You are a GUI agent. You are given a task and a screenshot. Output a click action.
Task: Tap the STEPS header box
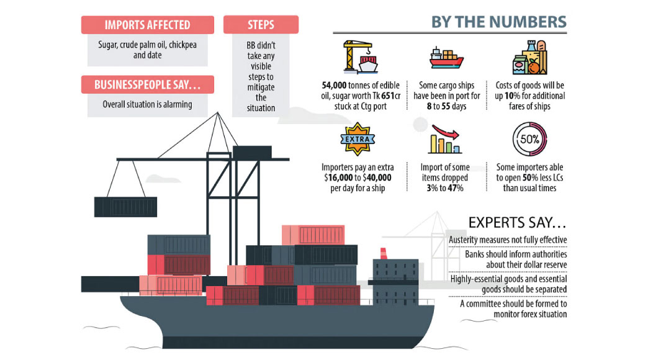click(x=261, y=25)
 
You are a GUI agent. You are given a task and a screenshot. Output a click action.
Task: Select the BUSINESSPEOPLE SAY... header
click(x=148, y=85)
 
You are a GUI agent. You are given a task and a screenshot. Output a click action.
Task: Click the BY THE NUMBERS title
click(x=499, y=22)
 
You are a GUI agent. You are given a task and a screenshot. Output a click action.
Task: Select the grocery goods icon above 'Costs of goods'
click(x=529, y=58)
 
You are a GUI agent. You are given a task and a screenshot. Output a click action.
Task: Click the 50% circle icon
click(x=529, y=139)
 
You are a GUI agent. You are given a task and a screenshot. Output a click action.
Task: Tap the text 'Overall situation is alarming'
click(x=147, y=104)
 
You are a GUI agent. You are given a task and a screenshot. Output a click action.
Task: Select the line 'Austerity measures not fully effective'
click(x=507, y=240)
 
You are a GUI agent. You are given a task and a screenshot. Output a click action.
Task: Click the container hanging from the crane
click(x=125, y=206)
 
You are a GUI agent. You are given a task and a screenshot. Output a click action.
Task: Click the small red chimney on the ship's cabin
click(x=384, y=253)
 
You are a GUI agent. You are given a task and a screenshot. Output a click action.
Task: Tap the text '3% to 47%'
click(x=446, y=188)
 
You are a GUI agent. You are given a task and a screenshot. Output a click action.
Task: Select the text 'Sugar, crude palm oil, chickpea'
click(x=148, y=45)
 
